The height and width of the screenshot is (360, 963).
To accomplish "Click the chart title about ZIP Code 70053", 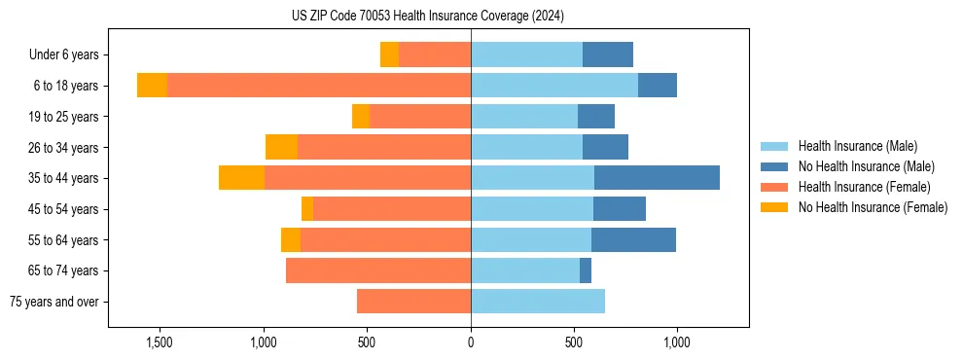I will (427, 17).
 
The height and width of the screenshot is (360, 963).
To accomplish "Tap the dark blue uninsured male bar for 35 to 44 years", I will (657, 178).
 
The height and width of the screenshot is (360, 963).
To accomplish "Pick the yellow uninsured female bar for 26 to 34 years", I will (281, 147).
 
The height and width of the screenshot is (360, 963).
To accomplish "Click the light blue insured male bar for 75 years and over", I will (538, 302).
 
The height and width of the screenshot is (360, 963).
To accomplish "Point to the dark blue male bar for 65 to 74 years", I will (586, 270).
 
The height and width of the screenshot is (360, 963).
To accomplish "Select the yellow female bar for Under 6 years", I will (389, 54).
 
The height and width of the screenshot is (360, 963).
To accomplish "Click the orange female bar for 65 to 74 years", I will (378, 270).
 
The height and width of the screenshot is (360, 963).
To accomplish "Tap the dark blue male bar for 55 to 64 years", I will (633, 239).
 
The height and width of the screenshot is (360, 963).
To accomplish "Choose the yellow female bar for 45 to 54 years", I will (307, 209).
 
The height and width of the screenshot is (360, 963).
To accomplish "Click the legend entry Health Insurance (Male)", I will (857, 146).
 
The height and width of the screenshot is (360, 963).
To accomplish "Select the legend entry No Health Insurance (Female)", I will (873, 206).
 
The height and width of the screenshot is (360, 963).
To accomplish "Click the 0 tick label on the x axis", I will (471, 342).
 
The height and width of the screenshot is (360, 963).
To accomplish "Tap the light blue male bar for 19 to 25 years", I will (524, 117).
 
